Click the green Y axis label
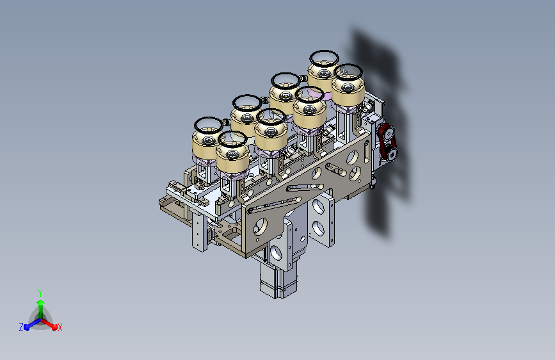(40, 293)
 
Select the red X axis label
(60, 327)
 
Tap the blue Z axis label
(21, 327)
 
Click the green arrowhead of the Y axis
(41, 303)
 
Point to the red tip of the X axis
(54, 327)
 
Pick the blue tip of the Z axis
(26, 327)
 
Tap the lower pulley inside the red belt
(392, 154)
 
